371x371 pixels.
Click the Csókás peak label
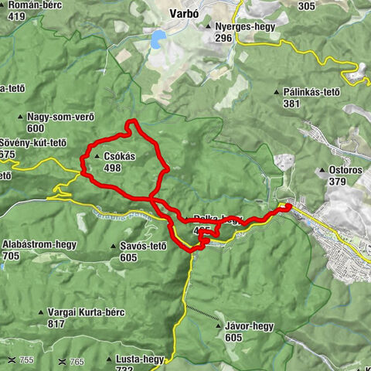click(x=118, y=156)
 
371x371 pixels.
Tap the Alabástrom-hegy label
click(x=39, y=244)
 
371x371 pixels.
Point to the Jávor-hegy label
click(x=247, y=326)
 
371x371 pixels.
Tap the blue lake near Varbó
click(x=158, y=39)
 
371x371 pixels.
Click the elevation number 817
click(x=56, y=324)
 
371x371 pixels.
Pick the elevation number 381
click(x=291, y=104)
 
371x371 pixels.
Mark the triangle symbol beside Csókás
click(x=97, y=156)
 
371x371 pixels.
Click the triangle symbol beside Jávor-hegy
click(x=219, y=326)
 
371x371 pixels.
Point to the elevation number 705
click(x=11, y=256)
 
